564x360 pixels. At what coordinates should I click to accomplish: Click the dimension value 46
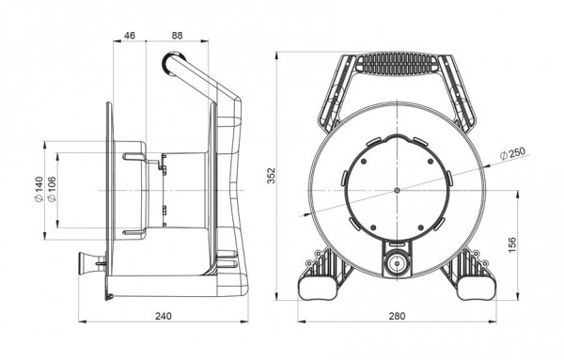pos(130,35)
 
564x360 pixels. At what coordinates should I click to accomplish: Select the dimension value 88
pos(177,35)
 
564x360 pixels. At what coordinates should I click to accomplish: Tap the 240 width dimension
pos(164,316)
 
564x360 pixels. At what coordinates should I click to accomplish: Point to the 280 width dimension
pos(397,316)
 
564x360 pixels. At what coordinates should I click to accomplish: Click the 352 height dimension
pos(271,176)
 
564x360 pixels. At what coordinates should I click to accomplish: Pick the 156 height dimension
pos(512,244)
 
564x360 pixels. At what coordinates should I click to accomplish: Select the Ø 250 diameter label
pos(513,153)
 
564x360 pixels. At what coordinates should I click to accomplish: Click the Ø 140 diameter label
pos(39,190)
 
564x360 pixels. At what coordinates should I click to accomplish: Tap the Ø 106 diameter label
pos(52,190)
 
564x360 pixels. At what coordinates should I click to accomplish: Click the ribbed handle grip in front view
pos(397,64)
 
